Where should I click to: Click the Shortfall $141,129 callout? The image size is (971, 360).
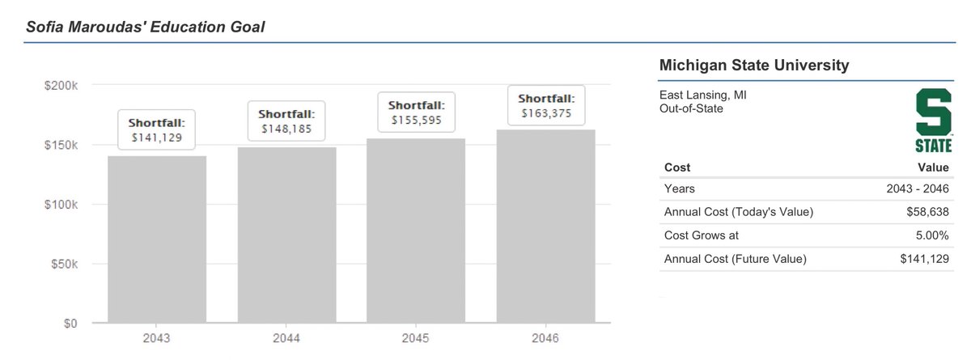point(157,130)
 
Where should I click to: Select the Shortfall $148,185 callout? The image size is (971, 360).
point(286,120)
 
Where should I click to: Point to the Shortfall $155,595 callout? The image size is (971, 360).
point(416,112)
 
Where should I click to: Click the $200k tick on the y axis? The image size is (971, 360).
point(61,86)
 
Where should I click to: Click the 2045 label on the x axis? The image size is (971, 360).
point(416,338)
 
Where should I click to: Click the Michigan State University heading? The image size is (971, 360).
point(754,66)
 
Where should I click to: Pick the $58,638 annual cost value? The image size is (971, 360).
point(926,212)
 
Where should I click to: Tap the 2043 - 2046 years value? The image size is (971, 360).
point(917,189)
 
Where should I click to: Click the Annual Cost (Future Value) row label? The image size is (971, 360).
point(736,259)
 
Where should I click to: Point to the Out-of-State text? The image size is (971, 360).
point(692,108)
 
